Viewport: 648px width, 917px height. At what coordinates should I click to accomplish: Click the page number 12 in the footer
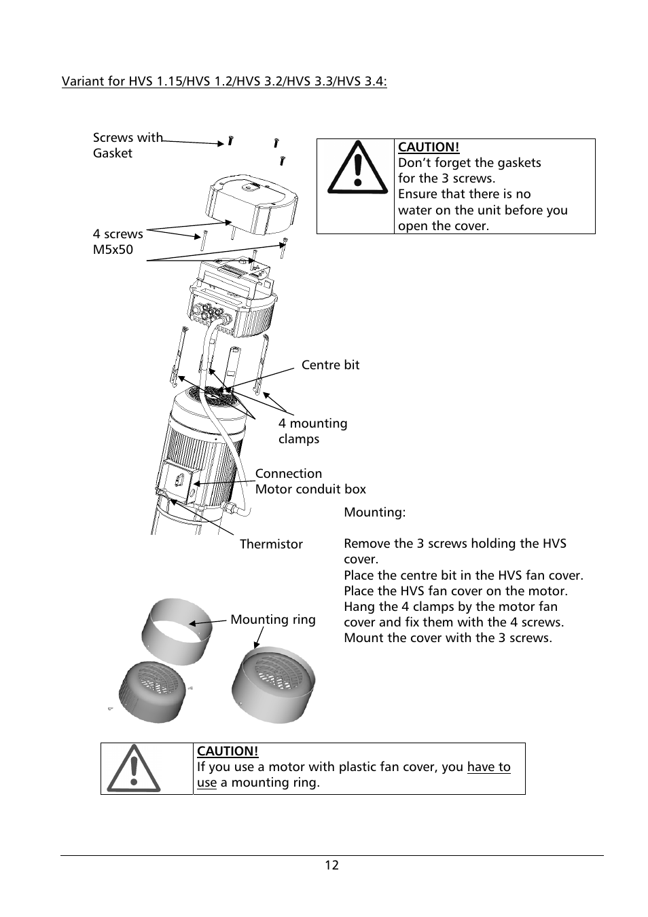coord(331,865)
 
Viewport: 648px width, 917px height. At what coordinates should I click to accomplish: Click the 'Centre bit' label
coord(330,365)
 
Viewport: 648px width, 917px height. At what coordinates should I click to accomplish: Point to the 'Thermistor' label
coord(271,544)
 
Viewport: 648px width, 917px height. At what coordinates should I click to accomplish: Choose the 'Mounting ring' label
coord(273,620)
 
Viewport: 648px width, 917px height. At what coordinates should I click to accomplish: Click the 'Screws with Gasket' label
coord(127,145)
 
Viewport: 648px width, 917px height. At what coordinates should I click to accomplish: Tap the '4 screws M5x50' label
coord(118,242)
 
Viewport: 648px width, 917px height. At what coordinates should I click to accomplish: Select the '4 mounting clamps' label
coord(312,431)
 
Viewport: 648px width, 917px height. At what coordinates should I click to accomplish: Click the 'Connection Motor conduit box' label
coord(310,481)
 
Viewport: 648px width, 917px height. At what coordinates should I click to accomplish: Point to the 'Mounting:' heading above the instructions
coord(374,512)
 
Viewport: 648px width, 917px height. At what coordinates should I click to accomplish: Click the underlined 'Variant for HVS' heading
coord(224,82)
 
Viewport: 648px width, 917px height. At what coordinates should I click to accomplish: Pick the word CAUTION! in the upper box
coord(429,147)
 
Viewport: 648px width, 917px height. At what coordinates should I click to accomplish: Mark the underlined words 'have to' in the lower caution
coord(488,767)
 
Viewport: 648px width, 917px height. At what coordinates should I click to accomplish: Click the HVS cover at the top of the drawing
coord(252,200)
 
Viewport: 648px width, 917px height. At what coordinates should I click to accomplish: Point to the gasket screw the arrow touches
coord(230,142)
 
